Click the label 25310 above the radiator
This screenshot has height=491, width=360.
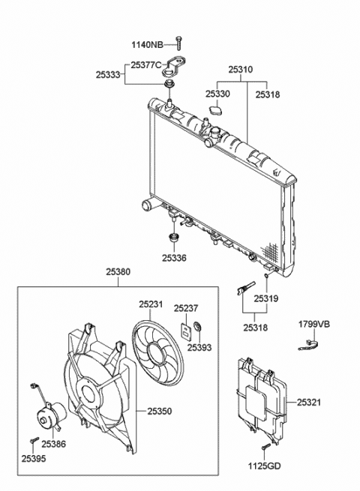(240, 69)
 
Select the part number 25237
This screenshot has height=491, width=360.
(186, 307)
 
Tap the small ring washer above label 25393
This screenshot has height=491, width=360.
(199, 326)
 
